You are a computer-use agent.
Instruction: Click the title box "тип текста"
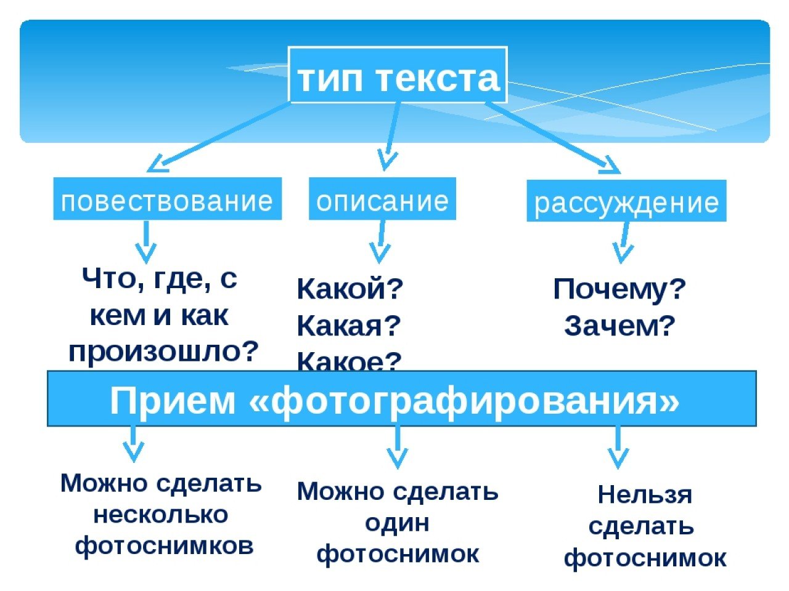(x=398, y=74)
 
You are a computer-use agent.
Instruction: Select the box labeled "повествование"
(x=167, y=199)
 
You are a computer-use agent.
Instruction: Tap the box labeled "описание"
(x=382, y=199)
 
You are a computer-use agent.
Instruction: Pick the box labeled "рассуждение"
(x=626, y=201)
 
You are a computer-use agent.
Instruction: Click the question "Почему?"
(x=619, y=289)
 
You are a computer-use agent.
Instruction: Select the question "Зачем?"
(x=619, y=326)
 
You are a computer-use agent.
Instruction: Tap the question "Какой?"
(x=350, y=289)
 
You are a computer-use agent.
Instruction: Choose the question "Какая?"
(x=349, y=325)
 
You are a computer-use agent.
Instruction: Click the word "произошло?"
(x=164, y=351)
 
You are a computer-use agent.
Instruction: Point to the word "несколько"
(x=161, y=514)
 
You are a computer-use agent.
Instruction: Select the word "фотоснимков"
(x=164, y=545)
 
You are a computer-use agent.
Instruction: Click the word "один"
(x=397, y=523)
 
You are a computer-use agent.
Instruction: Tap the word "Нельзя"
(x=645, y=494)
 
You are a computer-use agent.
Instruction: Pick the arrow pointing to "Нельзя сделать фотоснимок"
(x=618, y=448)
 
